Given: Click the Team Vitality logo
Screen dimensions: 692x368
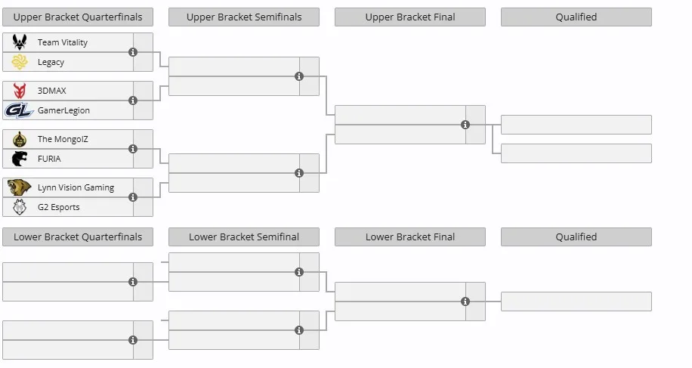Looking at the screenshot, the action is click(20, 42).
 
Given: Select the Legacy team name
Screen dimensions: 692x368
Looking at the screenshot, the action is click(51, 62).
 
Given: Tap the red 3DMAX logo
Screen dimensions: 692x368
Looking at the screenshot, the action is click(20, 91).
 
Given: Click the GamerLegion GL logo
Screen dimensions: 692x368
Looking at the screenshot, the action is click(19, 110).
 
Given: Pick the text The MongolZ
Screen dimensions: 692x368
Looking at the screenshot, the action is click(63, 139).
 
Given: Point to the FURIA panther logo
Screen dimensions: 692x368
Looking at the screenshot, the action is click(20, 159).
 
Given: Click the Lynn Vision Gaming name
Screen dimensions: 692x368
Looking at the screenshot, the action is click(76, 187).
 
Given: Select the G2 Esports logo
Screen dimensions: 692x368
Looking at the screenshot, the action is click(20, 207).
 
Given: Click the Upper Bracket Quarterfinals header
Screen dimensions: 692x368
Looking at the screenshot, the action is click(78, 17).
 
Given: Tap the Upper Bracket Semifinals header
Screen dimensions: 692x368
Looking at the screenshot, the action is click(244, 17).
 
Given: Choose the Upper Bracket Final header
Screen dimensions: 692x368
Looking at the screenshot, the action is click(410, 17).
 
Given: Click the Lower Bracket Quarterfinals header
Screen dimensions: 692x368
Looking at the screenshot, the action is click(78, 237).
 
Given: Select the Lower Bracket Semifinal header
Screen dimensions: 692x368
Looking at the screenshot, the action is click(244, 237).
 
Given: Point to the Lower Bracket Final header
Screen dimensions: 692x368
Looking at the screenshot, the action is click(410, 237).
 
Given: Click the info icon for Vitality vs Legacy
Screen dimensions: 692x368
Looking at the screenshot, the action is click(133, 52).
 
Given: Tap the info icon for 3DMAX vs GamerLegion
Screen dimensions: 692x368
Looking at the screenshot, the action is click(133, 101).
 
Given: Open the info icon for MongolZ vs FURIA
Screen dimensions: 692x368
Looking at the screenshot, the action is click(133, 149).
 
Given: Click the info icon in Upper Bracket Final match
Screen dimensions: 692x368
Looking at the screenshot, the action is click(465, 125).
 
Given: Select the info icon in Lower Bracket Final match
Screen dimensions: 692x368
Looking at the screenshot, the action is click(465, 302).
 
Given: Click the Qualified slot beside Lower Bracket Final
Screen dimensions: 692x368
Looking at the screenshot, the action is click(576, 302).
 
